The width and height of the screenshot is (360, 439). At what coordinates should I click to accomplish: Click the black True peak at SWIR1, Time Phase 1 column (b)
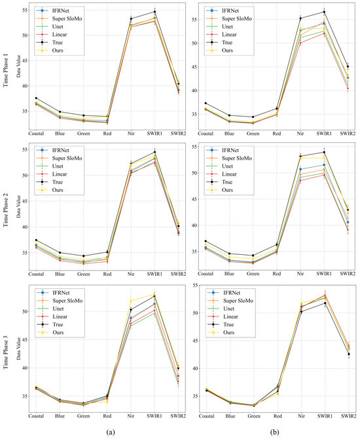pyautogui.click(x=323, y=12)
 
